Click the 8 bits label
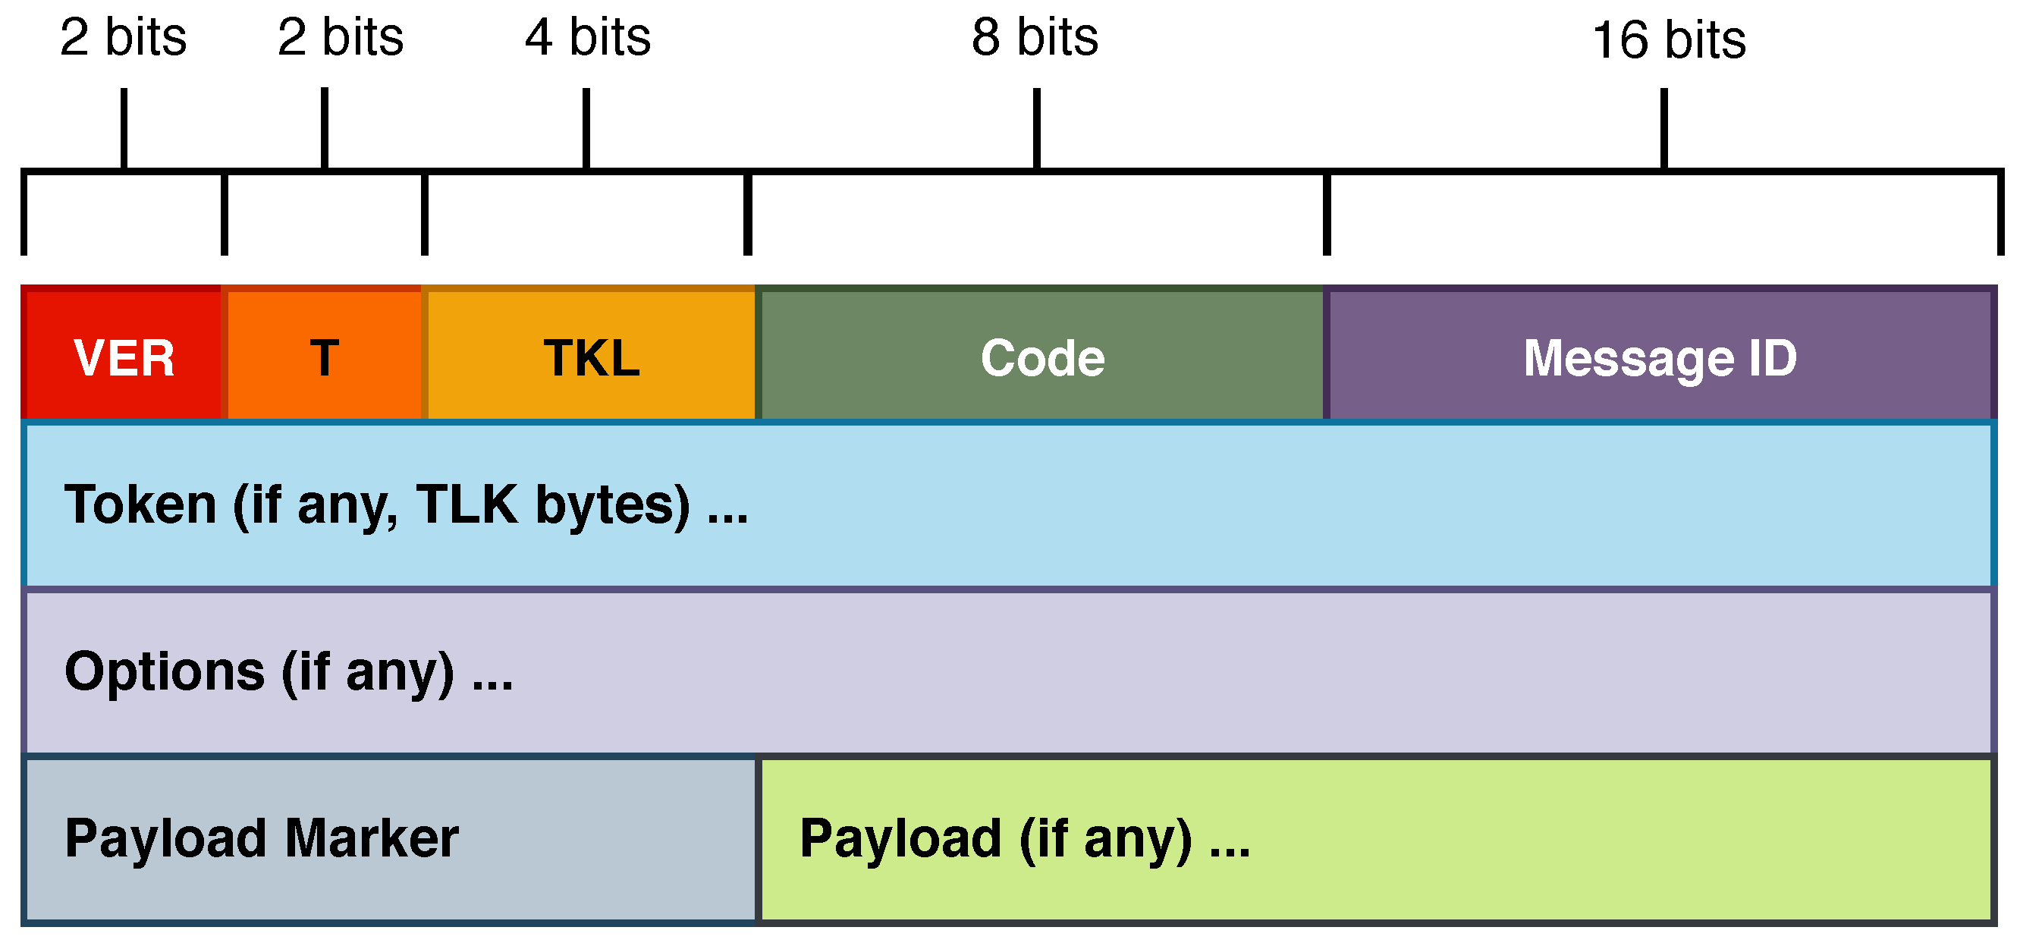pyautogui.click(x=1035, y=37)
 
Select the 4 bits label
pyautogui.click(x=587, y=37)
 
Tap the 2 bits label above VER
pyautogui.click(x=123, y=37)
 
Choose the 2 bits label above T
pyautogui.click(x=341, y=37)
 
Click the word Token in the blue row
pyautogui.click(x=140, y=504)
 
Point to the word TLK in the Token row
pyautogui.click(x=467, y=504)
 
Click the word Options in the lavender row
pyautogui.click(x=165, y=671)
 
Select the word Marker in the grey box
pyautogui.click(x=372, y=838)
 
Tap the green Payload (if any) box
pyautogui.click(x=1376, y=839)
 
